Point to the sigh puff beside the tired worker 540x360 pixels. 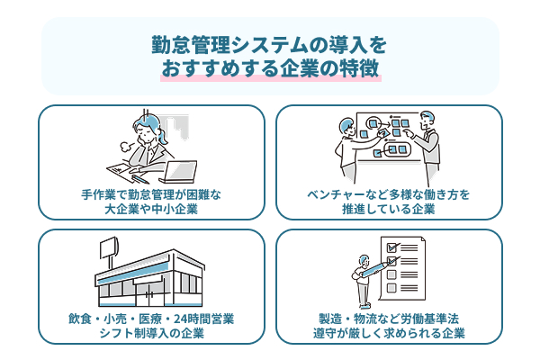coord(123,142)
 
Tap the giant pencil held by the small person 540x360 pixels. coord(372,266)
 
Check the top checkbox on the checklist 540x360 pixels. coord(391,246)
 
